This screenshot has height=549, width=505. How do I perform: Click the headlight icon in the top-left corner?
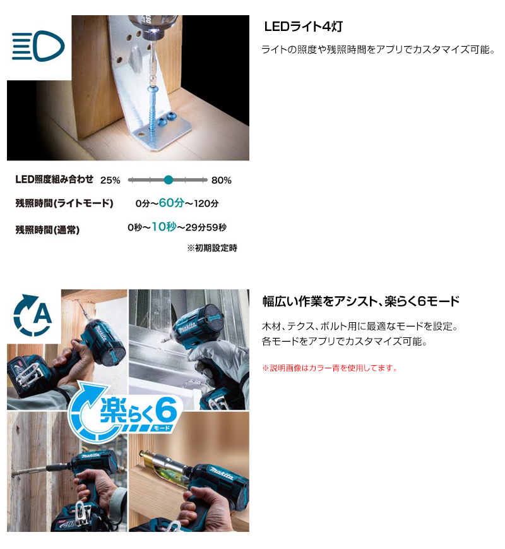pos(38,46)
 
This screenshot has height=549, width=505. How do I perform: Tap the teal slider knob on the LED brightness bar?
pos(169,180)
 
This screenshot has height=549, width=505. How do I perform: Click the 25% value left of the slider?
pos(110,180)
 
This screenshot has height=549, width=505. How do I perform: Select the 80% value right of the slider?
pos(221,180)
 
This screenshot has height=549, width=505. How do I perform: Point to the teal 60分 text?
pos(172,203)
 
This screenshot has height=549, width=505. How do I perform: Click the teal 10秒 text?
pos(163,227)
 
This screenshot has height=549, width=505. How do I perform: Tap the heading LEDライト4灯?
pos(304,27)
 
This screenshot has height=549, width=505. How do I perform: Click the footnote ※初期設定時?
pos(212,248)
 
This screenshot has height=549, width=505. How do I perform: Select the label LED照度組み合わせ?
pos(54,179)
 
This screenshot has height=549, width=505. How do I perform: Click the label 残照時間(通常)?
pos(47,230)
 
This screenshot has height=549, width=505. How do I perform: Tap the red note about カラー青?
pos(330,368)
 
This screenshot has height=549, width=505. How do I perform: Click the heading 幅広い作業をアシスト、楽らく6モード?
pos(361,301)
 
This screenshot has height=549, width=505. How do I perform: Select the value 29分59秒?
pos(206,227)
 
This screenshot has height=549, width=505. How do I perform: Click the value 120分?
pos(206,203)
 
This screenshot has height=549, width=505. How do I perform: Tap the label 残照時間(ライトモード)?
pos(64,203)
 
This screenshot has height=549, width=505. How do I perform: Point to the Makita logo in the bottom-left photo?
pos(91,456)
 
